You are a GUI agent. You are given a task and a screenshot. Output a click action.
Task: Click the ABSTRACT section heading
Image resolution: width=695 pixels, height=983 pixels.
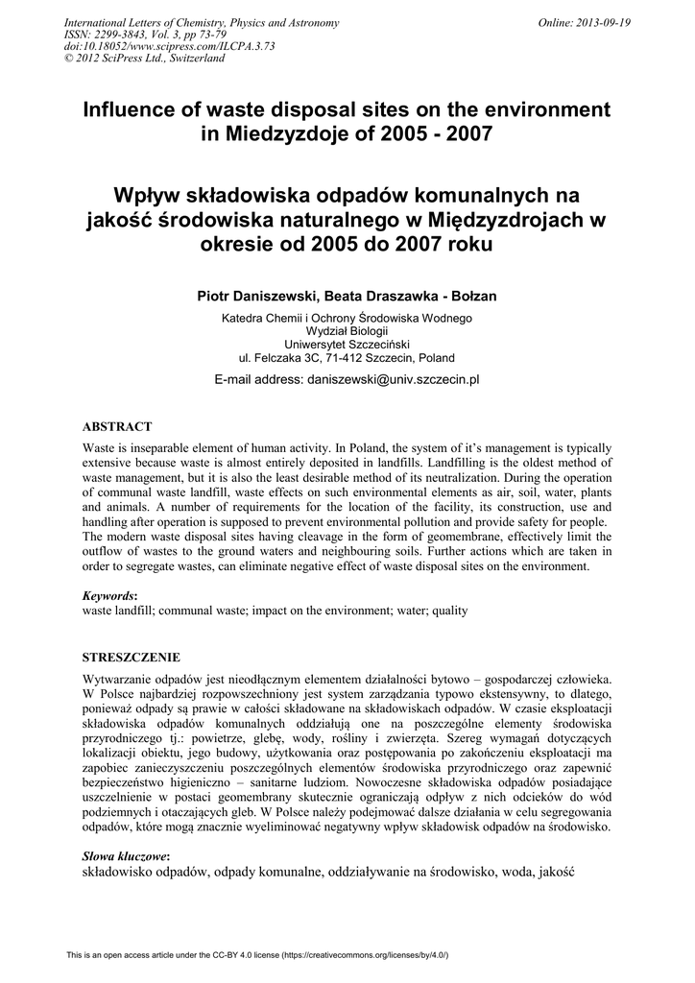117,426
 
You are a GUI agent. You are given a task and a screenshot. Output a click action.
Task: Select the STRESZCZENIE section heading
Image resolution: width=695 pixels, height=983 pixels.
131,658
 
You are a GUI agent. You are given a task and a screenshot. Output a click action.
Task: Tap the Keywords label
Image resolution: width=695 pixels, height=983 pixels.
109,595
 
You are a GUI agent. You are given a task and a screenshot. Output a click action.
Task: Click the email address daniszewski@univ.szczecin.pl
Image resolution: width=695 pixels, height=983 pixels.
393,379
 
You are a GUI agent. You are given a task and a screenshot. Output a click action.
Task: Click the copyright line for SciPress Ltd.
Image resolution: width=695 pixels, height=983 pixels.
143,58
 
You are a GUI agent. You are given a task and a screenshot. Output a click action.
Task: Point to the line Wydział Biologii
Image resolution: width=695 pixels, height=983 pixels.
347,330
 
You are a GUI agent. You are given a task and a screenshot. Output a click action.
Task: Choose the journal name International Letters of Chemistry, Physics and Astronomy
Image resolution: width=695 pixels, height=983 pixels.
201,23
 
